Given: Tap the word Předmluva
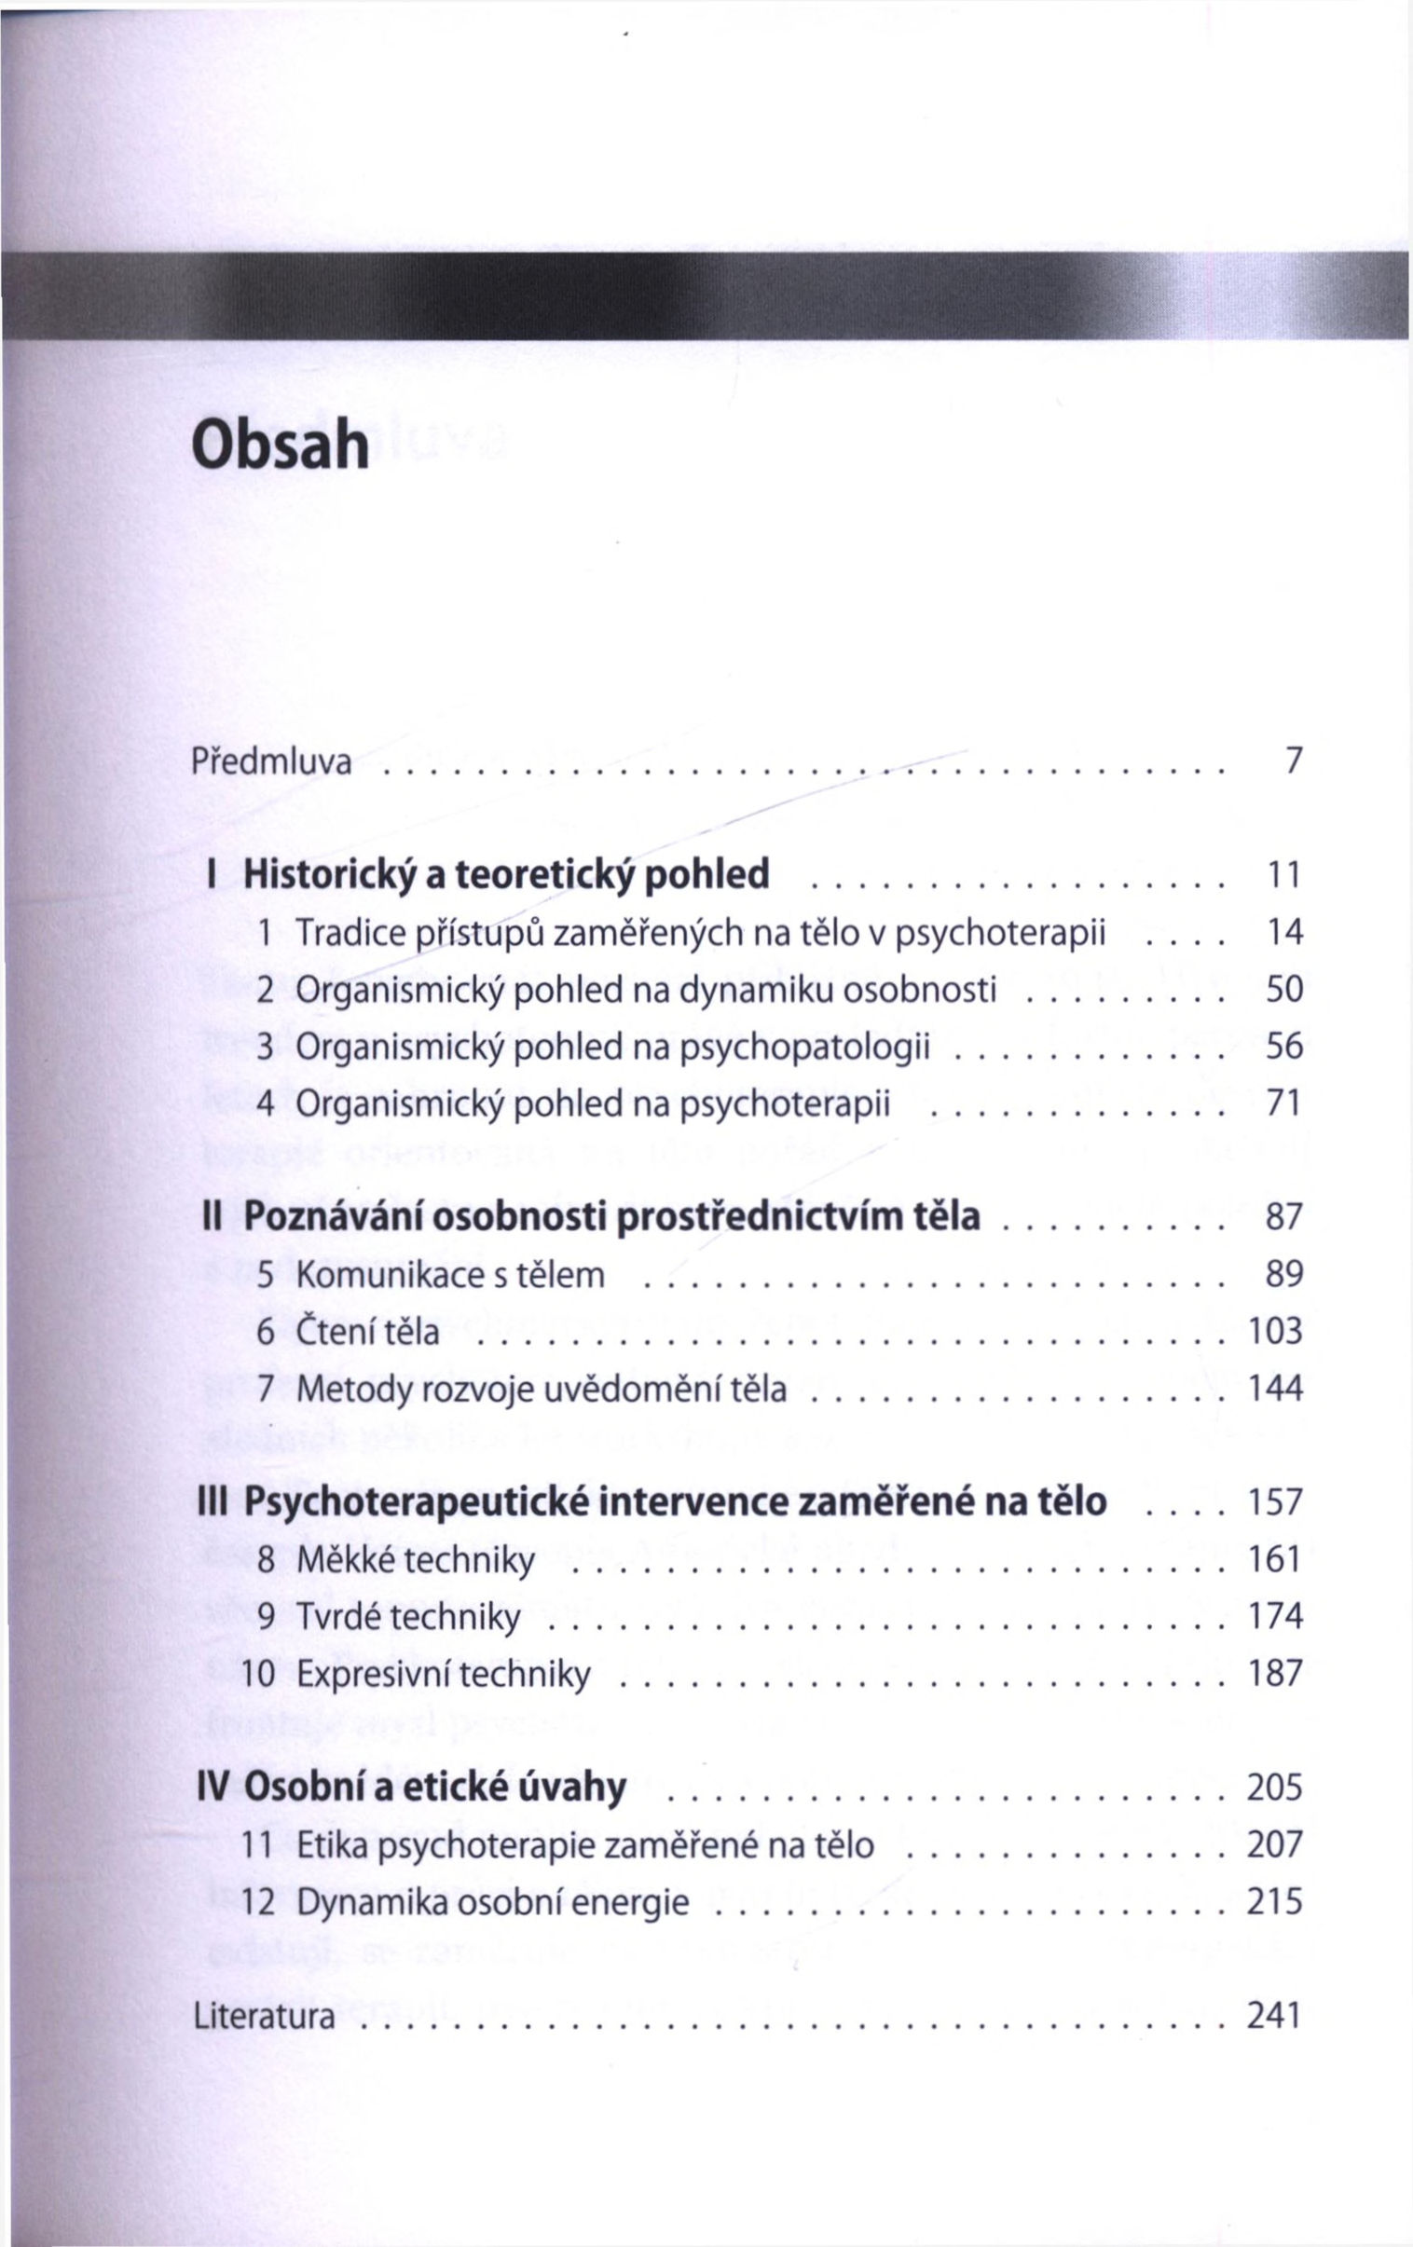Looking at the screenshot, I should pyautogui.click(x=271, y=762).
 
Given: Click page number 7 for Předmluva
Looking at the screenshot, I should pyautogui.click(x=1292, y=761).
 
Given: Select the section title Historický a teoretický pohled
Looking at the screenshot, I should pyautogui.click(x=506, y=875).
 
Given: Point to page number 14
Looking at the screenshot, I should pyautogui.click(x=1283, y=932).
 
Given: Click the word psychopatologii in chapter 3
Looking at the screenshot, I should pyautogui.click(x=804, y=1047).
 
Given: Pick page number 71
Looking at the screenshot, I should pyautogui.click(x=1283, y=1103).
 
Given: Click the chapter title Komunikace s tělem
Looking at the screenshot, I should pyautogui.click(x=450, y=1275).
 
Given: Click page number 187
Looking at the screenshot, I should pyautogui.click(x=1275, y=1673).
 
